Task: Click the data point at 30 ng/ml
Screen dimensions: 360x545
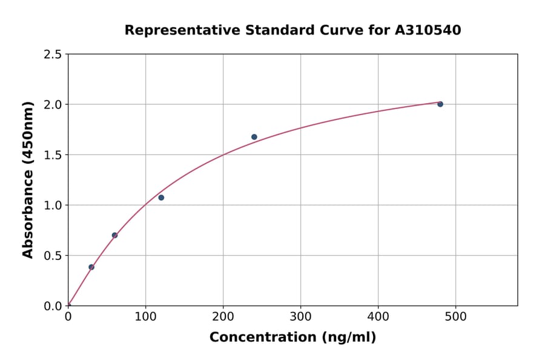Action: pyautogui.click(x=91, y=267)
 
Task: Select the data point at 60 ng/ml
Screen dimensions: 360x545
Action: pyautogui.click(x=114, y=235)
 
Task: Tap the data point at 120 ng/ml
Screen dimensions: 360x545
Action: pyautogui.click(x=161, y=198)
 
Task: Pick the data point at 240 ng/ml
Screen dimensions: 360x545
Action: pyautogui.click(x=254, y=137)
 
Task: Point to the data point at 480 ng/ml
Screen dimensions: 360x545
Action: pyautogui.click(x=440, y=104)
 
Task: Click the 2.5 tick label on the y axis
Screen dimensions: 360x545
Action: pyautogui.click(x=53, y=55)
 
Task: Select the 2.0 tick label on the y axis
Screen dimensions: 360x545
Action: pyautogui.click(x=53, y=105)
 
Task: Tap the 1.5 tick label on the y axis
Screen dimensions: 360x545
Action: pyautogui.click(x=53, y=155)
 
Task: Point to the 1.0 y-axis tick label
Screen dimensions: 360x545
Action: pyautogui.click(x=53, y=205)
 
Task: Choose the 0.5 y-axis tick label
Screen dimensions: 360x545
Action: pyautogui.click(x=53, y=256)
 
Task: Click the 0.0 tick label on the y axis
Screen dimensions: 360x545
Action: pyautogui.click(x=53, y=306)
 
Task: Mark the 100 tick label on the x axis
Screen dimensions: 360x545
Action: pyautogui.click(x=145, y=316)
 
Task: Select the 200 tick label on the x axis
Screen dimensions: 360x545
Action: pyautogui.click(x=223, y=316)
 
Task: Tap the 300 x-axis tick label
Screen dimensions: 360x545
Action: pyautogui.click(x=300, y=316)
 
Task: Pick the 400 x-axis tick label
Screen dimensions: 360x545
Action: pyautogui.click(x=378, y=316)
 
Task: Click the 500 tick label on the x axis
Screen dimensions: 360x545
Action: pyautogui.click(x=455, y=316)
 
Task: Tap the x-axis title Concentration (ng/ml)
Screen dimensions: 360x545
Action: pyautogui.click(x=292, y=338)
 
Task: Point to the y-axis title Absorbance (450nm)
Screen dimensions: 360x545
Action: pyautogui.click(x=28, y=179)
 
